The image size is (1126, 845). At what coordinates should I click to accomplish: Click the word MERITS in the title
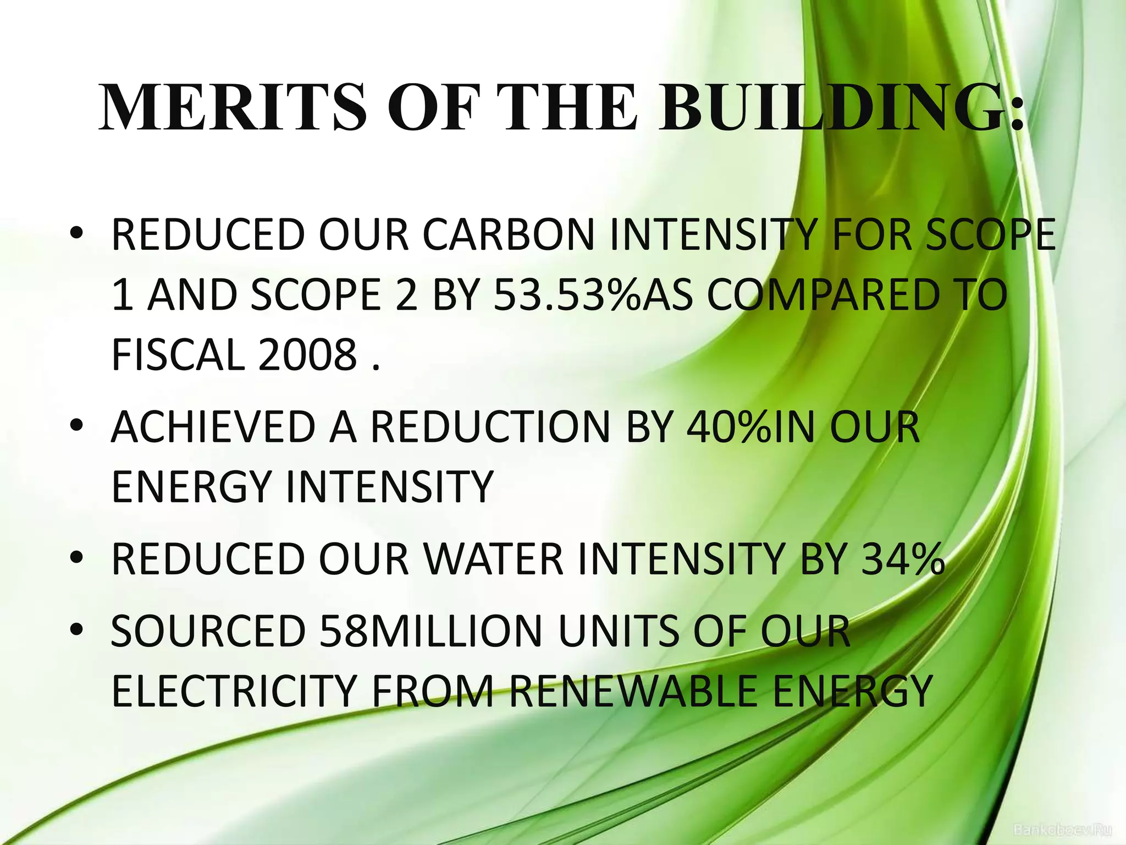click(233, 107)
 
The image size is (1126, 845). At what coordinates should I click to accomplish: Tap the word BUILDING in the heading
click(841, 107)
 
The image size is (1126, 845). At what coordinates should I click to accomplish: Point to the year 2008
click(308, 355)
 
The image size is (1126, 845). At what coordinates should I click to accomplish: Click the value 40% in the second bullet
click(729, 427)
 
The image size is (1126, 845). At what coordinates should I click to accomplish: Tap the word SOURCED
click(208, 632)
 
